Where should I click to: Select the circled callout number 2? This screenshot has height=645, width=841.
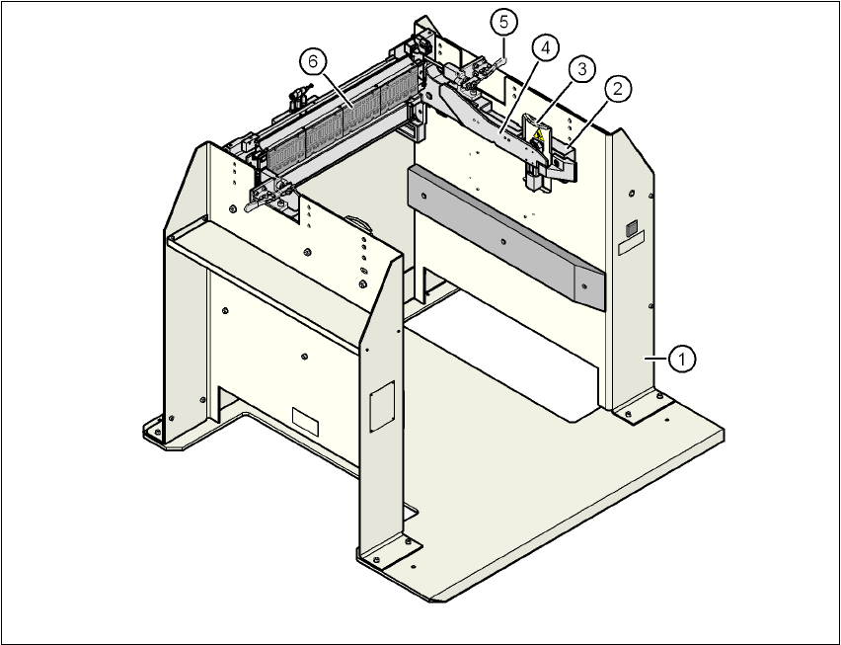619,89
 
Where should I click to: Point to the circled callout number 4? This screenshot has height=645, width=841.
545,46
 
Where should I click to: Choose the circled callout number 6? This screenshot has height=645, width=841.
312,61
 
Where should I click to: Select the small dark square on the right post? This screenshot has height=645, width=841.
630,227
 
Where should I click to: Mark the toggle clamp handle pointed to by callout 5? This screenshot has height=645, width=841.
496,62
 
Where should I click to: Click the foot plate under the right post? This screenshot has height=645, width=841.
639,407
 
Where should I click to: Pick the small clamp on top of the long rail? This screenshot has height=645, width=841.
297,97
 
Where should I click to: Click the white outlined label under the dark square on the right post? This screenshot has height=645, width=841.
632,238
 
